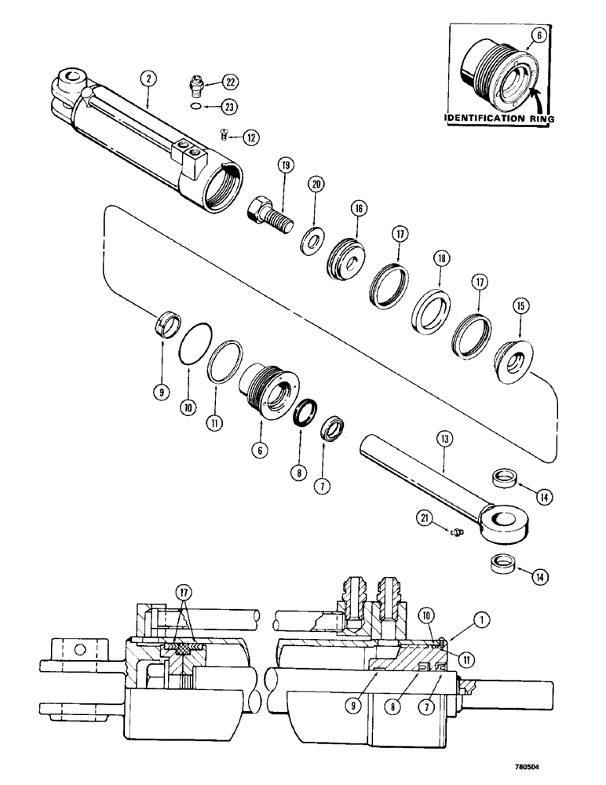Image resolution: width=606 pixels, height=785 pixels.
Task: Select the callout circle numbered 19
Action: coord(285,166)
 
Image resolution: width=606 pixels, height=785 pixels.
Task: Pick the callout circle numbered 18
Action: coord(438,258)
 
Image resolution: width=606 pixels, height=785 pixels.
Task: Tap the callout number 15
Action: coord(518,304)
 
